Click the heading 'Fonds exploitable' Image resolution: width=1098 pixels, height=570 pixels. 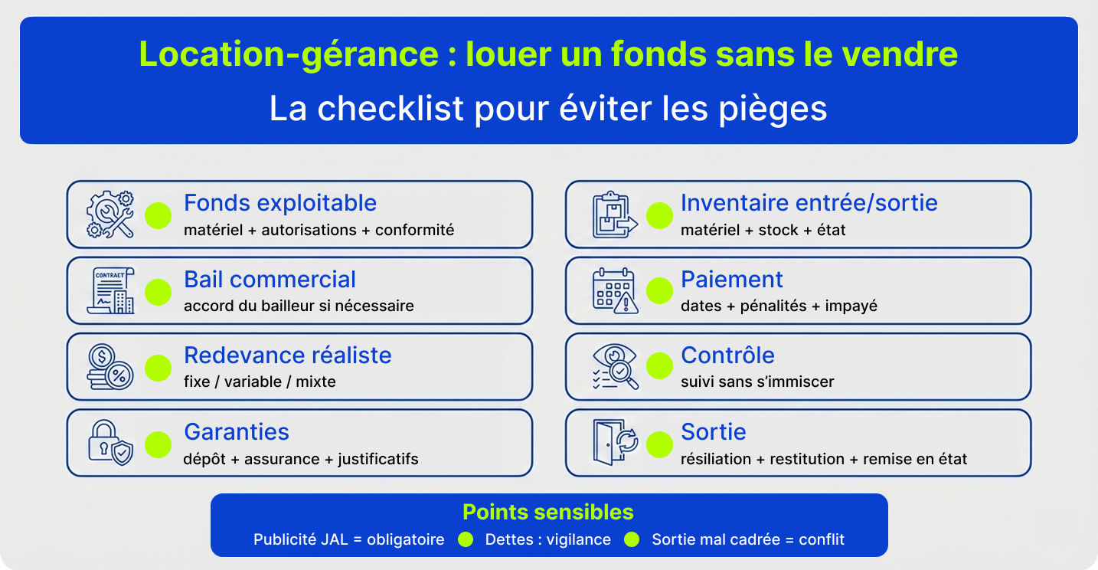tap(280, 203)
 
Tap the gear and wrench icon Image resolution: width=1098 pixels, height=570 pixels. tap(110, 215)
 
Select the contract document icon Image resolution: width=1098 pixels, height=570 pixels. tap(112, 291)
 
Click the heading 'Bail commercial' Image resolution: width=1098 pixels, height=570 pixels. tap(270, 280)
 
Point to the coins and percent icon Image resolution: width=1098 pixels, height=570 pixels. tap(110, 367)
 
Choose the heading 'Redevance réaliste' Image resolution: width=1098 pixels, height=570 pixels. tap(287, 355)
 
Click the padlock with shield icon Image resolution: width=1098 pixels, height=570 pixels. tap(110, 443)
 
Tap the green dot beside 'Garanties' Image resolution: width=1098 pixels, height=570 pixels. tap(158, 444)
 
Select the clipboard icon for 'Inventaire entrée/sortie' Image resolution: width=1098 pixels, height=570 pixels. tap(613, 215)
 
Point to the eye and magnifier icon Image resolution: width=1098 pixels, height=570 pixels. tap(614, 367)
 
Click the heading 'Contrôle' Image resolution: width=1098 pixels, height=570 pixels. tap(727, 355)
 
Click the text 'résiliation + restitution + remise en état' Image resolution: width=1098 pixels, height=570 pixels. tap(824, 460)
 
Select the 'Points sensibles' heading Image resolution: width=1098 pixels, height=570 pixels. tap(548, 513)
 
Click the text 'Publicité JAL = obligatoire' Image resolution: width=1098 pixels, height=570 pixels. tap(349, 539)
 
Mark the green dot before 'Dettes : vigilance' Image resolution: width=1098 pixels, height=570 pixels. tap(466, 539)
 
